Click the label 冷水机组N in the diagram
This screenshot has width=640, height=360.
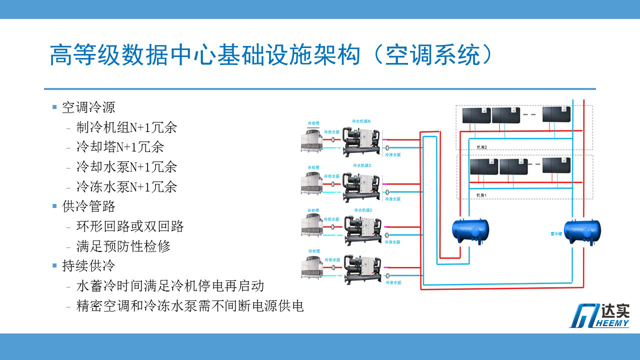coord(361,121)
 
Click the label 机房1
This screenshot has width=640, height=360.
coord(481,194)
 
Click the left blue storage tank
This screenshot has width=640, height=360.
coord(470,230)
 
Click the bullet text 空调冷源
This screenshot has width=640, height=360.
coord(88,107)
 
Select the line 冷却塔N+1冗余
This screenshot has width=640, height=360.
coord(120,147)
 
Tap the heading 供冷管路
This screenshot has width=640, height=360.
coord(88,206)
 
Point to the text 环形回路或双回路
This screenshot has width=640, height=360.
coord(130,226)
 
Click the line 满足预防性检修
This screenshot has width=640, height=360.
coord(123,246)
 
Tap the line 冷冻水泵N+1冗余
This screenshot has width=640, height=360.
coord(126,187)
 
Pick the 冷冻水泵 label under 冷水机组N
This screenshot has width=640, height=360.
coord(393,155)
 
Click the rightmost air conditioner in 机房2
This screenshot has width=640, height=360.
coord(556,114)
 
